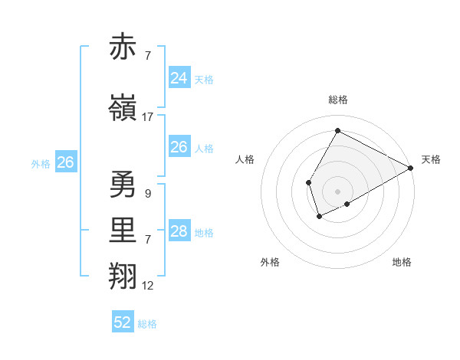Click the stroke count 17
(x=148, y=117)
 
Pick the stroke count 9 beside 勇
(x=147, y=194)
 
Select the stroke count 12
(x=148, y=286)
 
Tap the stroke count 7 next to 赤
(x=147, y=56)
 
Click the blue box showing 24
(x=179, y=78)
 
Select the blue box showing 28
(x=179, y=231)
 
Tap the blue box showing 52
(x=123, y=322)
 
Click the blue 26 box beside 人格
(x=179, y=147)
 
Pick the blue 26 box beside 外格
(x=65, y=162)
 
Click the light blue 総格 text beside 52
(x=147, y=324)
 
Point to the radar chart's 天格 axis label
(x=431, y=159)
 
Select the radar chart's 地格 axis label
(x=402, y=262)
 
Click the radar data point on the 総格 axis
(x=337, y=130)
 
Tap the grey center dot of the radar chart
(x=337, y=191)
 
